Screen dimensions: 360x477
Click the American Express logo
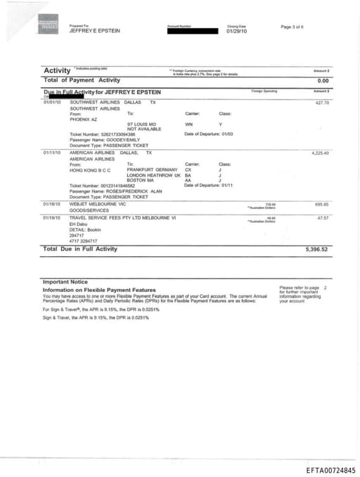coord(49,26)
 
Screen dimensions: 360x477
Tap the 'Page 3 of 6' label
coord(292,27)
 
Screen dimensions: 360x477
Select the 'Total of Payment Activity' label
coord(82,80)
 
